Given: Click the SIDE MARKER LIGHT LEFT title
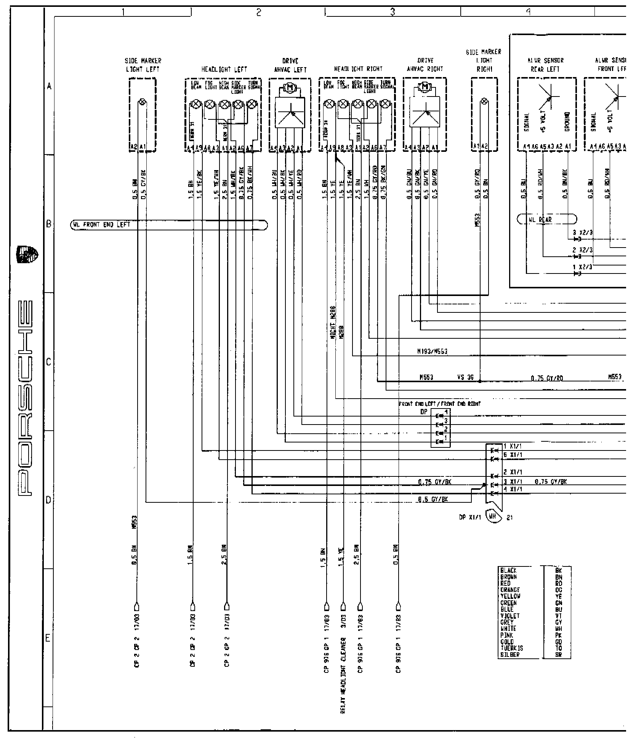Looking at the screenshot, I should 143,65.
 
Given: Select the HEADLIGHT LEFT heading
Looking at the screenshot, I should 224,69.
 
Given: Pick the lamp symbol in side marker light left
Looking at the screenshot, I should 143,102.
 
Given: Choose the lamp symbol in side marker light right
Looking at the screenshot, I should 484,101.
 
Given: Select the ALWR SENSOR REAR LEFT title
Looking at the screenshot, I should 545,65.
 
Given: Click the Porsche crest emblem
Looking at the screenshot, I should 29,254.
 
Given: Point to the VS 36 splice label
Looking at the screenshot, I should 465,378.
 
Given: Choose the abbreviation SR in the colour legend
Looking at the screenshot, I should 559,655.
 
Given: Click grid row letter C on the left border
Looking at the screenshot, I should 48,362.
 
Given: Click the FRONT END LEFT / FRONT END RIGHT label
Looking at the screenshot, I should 439,404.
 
